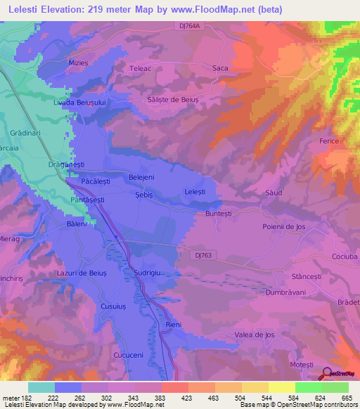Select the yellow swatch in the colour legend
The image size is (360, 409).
[281, 387]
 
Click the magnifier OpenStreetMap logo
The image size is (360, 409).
[326, 374]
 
